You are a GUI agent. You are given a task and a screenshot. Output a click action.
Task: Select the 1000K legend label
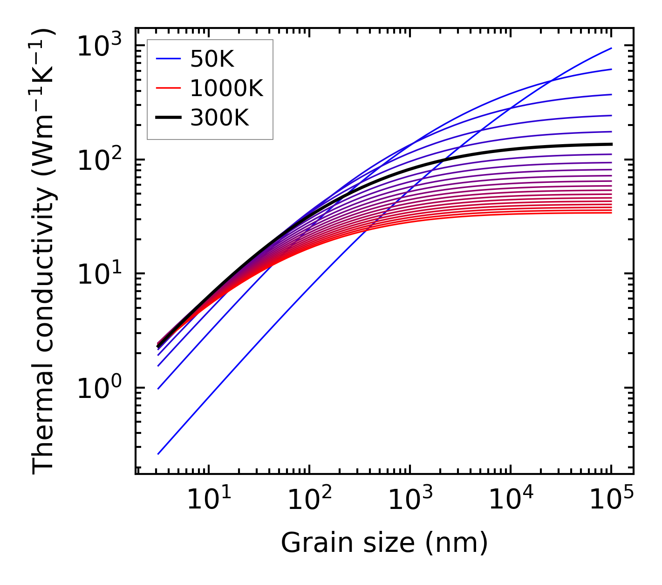[226, 89]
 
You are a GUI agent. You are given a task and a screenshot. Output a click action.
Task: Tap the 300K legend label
[219, 118]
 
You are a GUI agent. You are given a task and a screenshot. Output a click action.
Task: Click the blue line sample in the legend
[168, 59]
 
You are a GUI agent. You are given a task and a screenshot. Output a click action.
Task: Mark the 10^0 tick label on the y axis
[99, 389]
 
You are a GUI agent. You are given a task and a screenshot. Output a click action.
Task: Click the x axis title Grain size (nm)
[384, 543]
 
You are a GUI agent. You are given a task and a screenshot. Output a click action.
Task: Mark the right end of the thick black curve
[611, 144]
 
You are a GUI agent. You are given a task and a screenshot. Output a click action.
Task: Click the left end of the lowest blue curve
[158, 453]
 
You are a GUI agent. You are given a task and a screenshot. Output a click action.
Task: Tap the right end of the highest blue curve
[611, 48]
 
